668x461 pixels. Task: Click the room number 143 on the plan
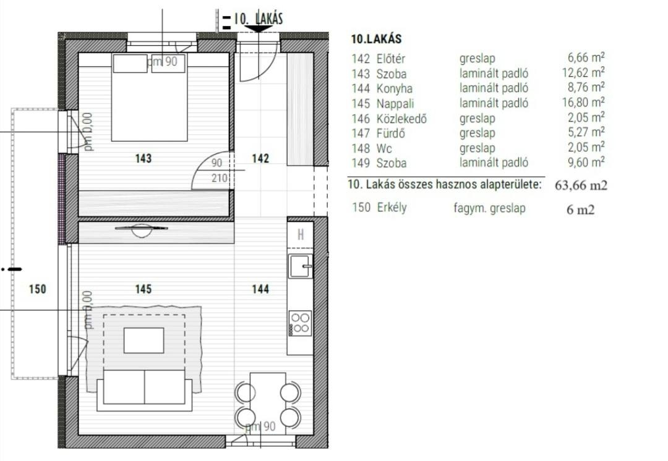143,158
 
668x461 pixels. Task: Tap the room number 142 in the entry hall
261,158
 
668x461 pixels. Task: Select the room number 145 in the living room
143,289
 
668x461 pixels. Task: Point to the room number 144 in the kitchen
261,289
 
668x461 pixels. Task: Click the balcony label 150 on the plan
38,289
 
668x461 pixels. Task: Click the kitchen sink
301,266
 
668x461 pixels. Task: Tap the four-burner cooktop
300,323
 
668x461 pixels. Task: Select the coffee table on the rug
144,340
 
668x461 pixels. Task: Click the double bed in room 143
149,98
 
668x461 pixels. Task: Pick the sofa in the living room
144,391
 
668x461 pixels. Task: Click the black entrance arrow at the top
259,28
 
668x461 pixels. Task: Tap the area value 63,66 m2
581,185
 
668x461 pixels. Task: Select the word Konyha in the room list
395,88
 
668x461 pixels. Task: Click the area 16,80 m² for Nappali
584,102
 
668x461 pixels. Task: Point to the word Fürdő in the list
391,133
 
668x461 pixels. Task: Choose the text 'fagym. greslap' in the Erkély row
489,208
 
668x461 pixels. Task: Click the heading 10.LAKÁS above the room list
376,39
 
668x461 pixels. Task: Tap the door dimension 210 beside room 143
220,177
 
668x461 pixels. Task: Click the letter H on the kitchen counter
301,234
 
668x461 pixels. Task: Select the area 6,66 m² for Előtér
586,57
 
